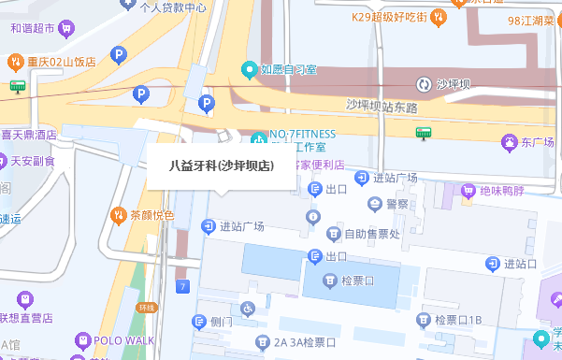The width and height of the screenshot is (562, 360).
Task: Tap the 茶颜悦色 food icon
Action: pos(118,215)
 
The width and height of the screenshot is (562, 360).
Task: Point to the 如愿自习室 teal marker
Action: pos(249,69)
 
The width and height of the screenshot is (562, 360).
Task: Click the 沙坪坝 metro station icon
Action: pos(424,84)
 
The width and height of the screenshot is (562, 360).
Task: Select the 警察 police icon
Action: pos(376,203)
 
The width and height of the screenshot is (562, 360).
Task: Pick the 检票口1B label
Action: pos(457,321)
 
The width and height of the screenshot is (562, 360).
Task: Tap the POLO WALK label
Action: pos(122,341)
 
